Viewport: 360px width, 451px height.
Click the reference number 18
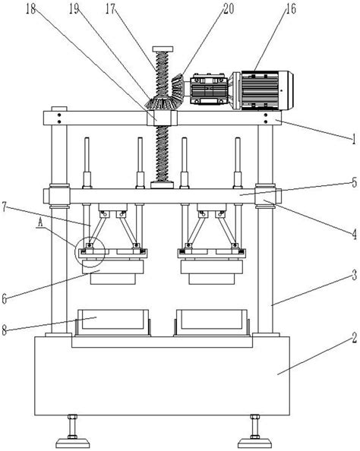click(30, 9)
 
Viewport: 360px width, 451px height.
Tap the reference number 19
click(74, 9)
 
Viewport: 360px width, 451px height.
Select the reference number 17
click(110, 9)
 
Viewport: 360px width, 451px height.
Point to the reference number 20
click(229, 9)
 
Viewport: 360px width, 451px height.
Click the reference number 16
click(290, 9)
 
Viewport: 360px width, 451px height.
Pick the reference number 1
click(353, 140)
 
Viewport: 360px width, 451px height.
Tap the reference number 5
click(354, 182)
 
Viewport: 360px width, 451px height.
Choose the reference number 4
click(354, 234)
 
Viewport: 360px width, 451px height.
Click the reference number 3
click(355, 276)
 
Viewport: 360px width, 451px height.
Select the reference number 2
click(355, 337)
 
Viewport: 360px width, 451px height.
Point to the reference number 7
click(4, 207)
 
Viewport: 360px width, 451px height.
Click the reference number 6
click(4, 299)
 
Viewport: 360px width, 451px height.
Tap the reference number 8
click(4, 330)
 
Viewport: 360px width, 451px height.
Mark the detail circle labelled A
click(90, 253)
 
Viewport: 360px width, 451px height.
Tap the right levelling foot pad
click(255, 443)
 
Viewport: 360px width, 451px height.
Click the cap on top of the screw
click(163, 49)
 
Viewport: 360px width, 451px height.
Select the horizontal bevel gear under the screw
click(162, 103)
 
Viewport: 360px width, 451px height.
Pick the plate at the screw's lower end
click(162, 184)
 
